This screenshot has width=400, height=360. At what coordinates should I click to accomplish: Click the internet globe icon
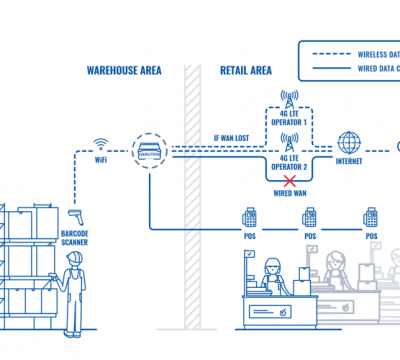(350, 141)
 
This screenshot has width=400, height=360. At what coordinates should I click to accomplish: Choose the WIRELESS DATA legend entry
(372, 53)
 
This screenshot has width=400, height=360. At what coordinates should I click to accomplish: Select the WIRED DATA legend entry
(372, 68)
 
